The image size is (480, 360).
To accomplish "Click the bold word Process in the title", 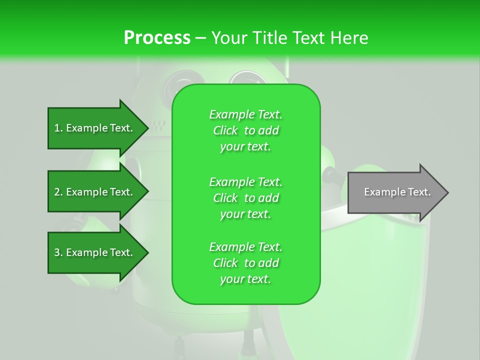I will point(157,38).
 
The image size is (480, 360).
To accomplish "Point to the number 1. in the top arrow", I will point(58,128).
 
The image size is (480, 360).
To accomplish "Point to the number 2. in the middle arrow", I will point(58,192).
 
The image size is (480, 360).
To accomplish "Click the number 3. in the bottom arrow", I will point(58,252).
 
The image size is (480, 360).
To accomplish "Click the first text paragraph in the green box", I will point(245,130).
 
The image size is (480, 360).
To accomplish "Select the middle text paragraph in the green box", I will point(245,198).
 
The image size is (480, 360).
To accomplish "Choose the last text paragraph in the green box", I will point(245,263).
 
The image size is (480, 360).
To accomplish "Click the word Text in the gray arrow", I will point(419,192).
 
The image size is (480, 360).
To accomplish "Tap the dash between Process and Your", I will point(200,38).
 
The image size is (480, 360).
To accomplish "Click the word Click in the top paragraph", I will point(225,130).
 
